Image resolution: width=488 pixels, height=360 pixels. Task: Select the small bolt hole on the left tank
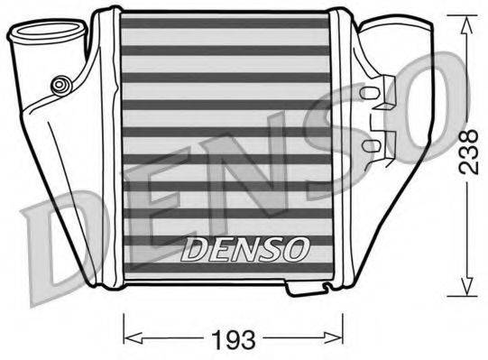click(x=62, y=85)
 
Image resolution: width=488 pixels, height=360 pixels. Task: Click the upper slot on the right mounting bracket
click(x=371, y=92)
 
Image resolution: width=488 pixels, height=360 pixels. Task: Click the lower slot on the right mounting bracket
click(x=371, y=143)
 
